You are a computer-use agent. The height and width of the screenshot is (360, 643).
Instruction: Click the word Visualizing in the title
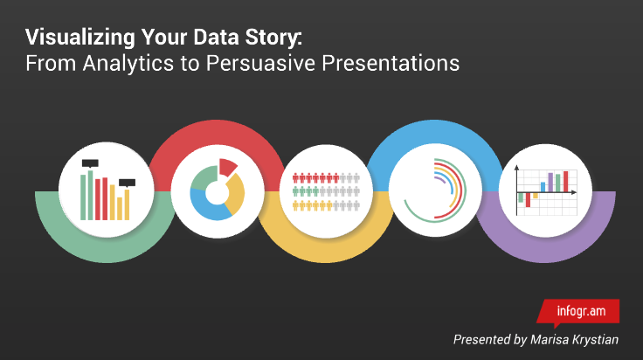tap(80, 38)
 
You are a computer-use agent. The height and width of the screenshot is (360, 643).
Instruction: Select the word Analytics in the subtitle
tap(128, 64)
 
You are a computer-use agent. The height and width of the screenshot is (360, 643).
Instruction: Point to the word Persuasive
tap(260, 63)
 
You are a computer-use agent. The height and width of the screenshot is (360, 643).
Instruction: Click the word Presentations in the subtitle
tap(391, 64)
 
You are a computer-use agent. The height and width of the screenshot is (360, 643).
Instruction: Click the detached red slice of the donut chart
tap(227, 166)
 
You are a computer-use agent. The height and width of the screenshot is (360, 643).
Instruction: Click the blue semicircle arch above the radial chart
tap(435, 132)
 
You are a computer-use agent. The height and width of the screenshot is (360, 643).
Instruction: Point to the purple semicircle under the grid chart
tap(545, 250)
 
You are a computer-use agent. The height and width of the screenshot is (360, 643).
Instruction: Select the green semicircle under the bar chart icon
tap(106, 250)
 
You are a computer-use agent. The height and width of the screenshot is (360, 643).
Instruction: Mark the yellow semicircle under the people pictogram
tap(326, 250)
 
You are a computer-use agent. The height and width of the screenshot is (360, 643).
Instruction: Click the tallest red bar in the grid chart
tap(566, 182)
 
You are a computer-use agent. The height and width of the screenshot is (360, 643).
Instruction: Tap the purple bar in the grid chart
tap(550, 183)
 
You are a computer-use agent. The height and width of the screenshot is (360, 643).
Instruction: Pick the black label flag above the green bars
tap(90, 163)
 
